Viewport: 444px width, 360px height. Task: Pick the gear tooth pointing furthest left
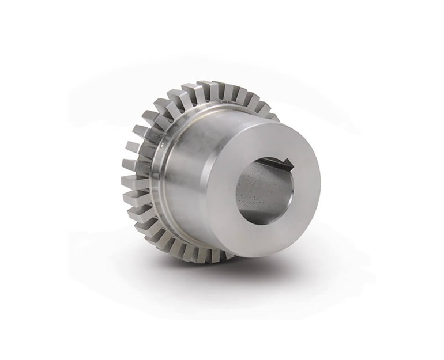[x=128, y=183]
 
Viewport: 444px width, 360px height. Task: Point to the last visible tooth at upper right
[x=270, y=115]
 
